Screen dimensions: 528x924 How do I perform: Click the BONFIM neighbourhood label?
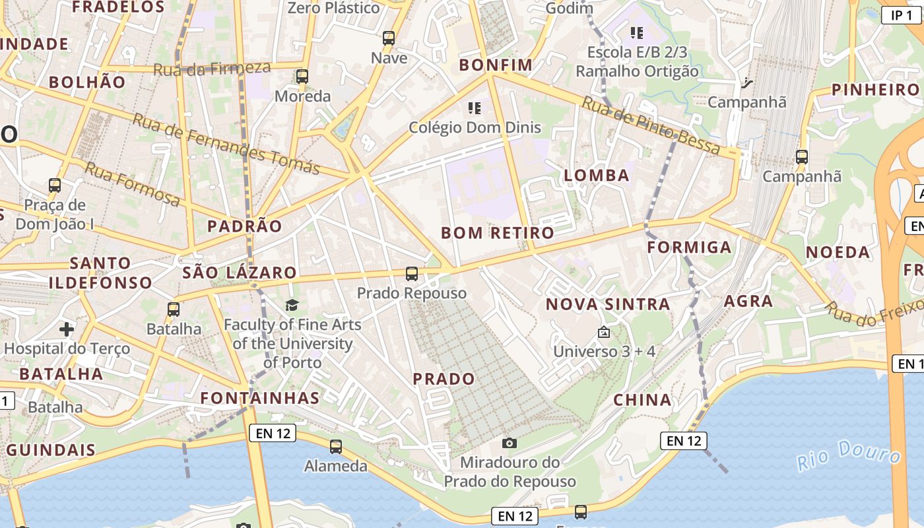(x=496, y=65)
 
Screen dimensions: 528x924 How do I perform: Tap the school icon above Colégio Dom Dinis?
(x=475, y=107)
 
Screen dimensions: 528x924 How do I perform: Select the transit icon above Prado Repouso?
(x=412, y=273)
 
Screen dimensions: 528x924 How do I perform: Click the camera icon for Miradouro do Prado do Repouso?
(x=509, y=443)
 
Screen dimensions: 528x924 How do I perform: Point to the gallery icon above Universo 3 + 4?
(x=603, y=332)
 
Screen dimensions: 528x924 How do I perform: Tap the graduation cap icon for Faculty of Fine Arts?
(x=292, y=305)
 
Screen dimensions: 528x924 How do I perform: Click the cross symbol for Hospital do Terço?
(x=67, y=329)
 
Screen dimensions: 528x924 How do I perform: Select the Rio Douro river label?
(x=848, y=455)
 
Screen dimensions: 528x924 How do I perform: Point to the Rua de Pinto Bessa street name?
(x=650, y=125)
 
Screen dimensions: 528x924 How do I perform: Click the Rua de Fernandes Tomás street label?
(x=226, y=143)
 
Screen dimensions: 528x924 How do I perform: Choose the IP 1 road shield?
(x=902, y=15)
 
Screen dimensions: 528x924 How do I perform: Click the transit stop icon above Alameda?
(x=336, y=447)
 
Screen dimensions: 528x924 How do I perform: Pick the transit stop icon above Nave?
(x=389, y=38)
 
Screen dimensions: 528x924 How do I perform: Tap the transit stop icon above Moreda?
(x=302, y=77)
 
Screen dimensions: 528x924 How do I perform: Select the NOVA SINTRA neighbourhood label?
(x=608, y=304)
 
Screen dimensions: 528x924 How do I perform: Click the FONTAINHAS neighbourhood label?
(x=260, y=398)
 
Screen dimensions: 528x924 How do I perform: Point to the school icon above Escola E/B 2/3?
(x=636, y=32)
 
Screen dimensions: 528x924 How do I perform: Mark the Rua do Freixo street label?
(x=874, y=313)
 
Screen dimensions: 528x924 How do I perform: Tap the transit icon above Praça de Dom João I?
(x=55, y=185)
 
